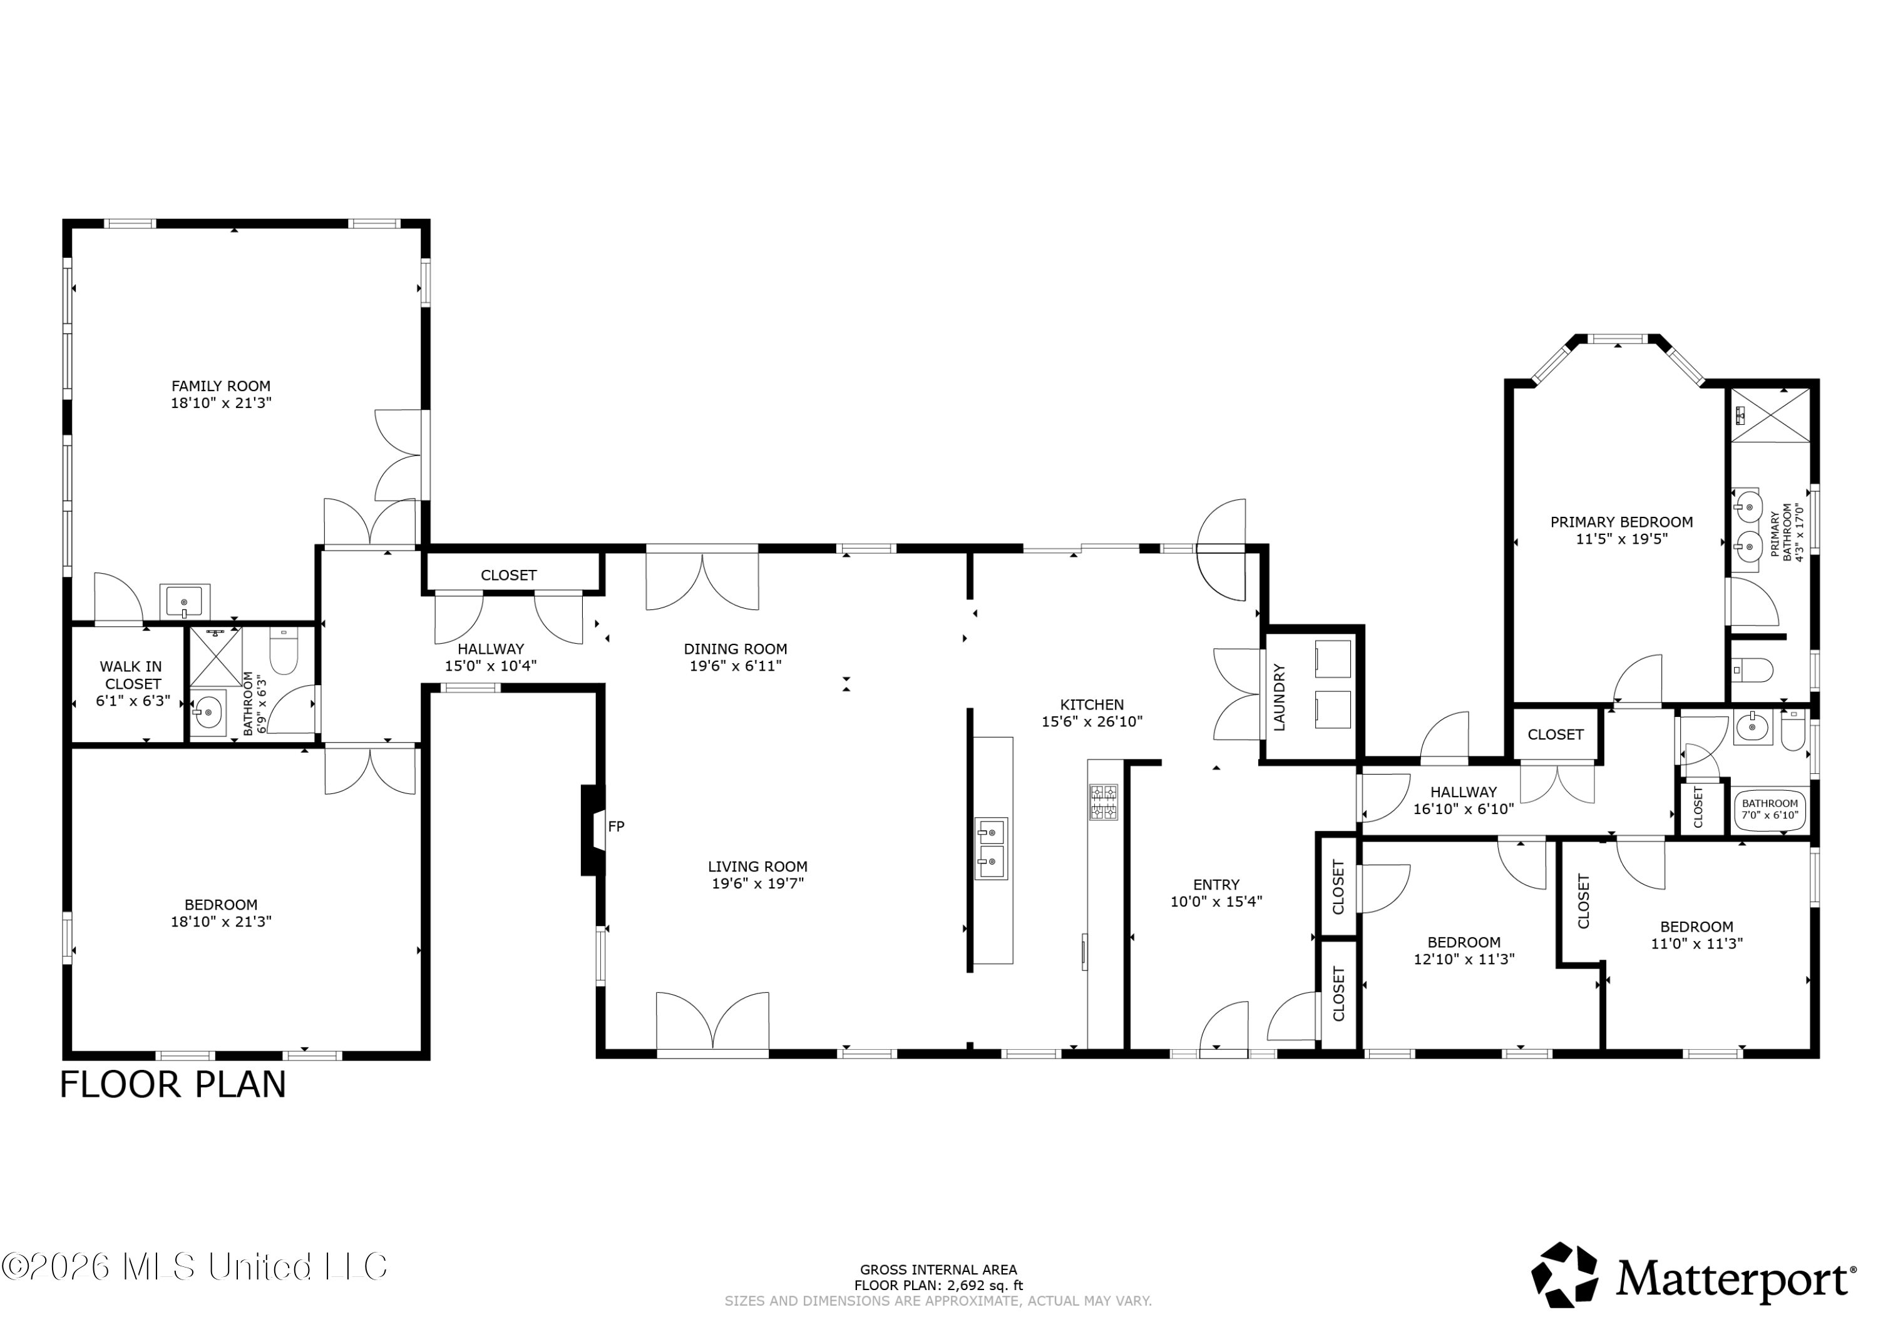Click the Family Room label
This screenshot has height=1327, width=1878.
click(221, 386)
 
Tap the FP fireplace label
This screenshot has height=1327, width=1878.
click(616, 826)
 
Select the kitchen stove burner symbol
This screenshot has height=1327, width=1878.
click(1102, 802)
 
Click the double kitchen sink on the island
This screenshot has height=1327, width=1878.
click(990, 848)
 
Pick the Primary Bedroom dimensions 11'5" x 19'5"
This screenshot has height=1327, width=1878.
click(1621, 539)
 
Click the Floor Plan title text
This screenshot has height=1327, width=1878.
click(173, 1084)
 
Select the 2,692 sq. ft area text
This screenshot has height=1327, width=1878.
click(985, 1285)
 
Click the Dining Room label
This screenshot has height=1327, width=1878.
click(736, 649)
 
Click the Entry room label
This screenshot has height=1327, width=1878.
click(1216, 884)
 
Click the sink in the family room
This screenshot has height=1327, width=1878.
click(185, 601)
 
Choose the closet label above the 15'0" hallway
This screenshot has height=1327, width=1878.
click(509, 575)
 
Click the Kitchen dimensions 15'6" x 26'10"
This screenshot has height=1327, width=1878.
click(1092, 721)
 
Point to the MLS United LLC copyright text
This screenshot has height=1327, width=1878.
click(194, 1266)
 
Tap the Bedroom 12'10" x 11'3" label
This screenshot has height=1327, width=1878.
click(1464, 950)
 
